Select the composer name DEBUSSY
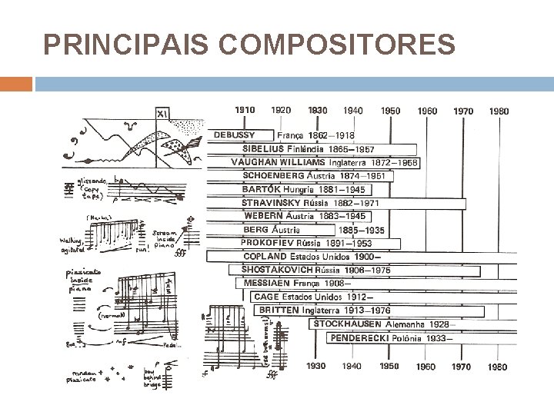pos(235,134)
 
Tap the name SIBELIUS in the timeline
pos(263,148)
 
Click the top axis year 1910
pos(245,111)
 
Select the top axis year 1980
pos(498,111)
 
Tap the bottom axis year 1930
pos(316,367)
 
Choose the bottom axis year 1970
pos(462,367)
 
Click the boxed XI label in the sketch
pos(162,114)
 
